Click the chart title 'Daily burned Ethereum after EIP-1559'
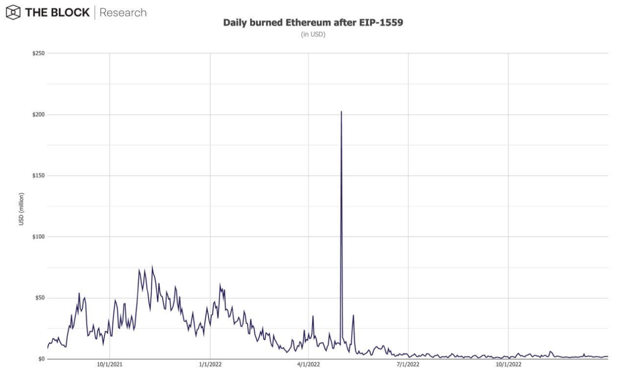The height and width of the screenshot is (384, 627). (313, 23)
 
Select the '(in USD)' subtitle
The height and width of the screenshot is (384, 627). (313, 35)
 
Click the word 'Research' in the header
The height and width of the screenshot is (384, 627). (123, 12)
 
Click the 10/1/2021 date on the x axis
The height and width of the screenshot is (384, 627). (109, 367)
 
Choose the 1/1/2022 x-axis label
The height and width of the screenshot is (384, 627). (210, 367)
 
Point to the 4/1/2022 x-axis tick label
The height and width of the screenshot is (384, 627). (309, 367)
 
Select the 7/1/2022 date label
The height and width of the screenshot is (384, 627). (408, 367)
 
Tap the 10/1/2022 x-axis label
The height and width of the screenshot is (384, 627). (508, 367)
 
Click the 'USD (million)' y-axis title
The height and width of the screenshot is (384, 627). (21, 208)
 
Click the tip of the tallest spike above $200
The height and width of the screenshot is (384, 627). (341, 112)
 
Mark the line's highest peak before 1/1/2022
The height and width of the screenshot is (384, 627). (152, 266)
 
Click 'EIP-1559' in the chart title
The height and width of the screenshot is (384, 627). (384, 23)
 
